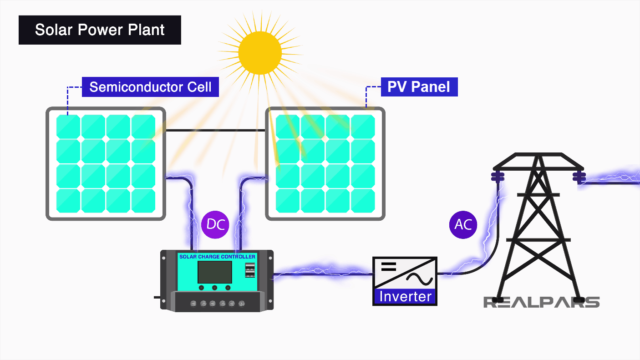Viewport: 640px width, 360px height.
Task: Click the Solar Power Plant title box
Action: [x=100, y=30]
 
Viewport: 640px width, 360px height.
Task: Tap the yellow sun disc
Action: [x=260, y=52]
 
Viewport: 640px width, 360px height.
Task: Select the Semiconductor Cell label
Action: [x=150, y=87]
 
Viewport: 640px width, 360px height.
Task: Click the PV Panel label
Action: [x=419, y=87]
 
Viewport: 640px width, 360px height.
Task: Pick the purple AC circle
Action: [x=462, y=224]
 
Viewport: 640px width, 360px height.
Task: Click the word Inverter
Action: [x=405, y=296]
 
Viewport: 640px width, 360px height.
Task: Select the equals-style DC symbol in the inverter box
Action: [x=388, y=266]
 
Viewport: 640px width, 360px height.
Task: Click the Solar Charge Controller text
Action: [x=217, y=257]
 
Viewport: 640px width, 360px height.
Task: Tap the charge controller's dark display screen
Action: [x=214, y=272]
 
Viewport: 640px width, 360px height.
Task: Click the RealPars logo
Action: [x=541, y=302]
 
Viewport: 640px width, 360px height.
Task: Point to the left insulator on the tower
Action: [x=498, y=176]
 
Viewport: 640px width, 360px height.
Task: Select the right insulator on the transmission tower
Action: [x=579, y=176]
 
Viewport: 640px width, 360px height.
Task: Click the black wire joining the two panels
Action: [x=215, y=131]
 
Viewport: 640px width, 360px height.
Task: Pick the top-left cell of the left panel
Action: [x=68, y=127]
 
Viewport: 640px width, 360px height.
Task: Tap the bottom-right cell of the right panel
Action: [x=363, y=201]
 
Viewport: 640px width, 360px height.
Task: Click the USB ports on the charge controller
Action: [x=250, y=270]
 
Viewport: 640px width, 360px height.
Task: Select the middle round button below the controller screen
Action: [x=214, y=288]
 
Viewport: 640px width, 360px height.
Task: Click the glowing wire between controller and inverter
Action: [x=323, y=273]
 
